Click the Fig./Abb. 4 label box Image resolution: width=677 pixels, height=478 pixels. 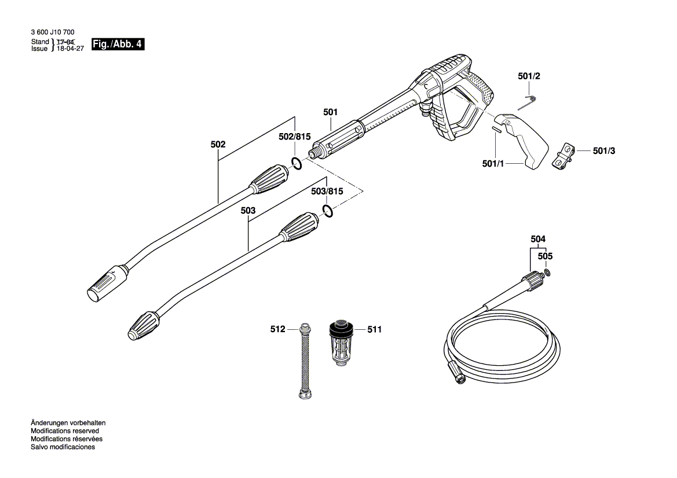coord(118,45)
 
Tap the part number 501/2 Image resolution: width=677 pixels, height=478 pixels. coord(529,76)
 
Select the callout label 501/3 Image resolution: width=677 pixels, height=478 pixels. coord(604,150)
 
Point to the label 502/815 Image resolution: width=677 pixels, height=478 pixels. coord(295,137)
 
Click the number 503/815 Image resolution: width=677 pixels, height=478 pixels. coord(327,191)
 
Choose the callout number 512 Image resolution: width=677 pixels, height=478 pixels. coord(278,329)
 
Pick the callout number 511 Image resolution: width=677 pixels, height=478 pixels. coord(375,329)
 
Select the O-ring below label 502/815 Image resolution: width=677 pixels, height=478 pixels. coord(296,163)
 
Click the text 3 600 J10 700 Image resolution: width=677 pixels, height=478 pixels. coord(52,33)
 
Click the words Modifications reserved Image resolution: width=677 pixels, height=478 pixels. coord(65,431)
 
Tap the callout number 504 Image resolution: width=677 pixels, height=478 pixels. coord(538,239)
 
